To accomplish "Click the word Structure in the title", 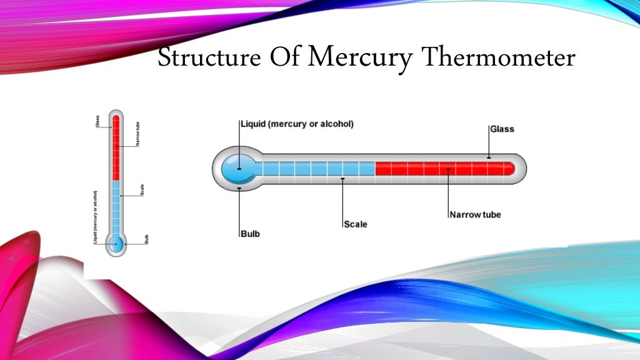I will coord(209,57).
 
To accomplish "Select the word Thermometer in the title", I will coord(498,57).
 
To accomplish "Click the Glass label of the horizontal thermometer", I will coord(502,129).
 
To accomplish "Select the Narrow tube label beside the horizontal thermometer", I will coord(475,214).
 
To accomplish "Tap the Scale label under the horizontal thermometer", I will coord(356,224).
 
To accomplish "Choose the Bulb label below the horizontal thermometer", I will coord(250,234).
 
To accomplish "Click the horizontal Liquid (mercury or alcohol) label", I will coord(297,124).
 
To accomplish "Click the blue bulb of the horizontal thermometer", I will coord(239,169).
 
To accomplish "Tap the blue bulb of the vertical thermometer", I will coord(116,243).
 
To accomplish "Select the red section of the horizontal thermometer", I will coord(444,169).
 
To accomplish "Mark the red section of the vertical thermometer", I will coord(116,147).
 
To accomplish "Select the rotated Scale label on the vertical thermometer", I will coord(143,190).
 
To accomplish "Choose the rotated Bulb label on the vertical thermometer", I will coord(146,239).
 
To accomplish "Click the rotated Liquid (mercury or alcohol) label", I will coord(96,217).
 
